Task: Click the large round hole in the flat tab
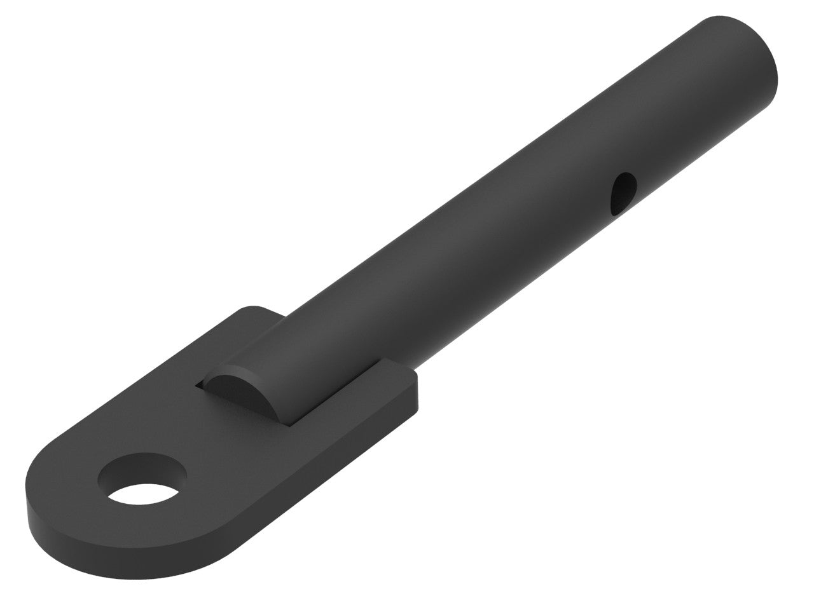[x=144, y=480]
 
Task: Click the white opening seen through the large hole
[x=144, y=493]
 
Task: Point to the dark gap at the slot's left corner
[x=200, y=384]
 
